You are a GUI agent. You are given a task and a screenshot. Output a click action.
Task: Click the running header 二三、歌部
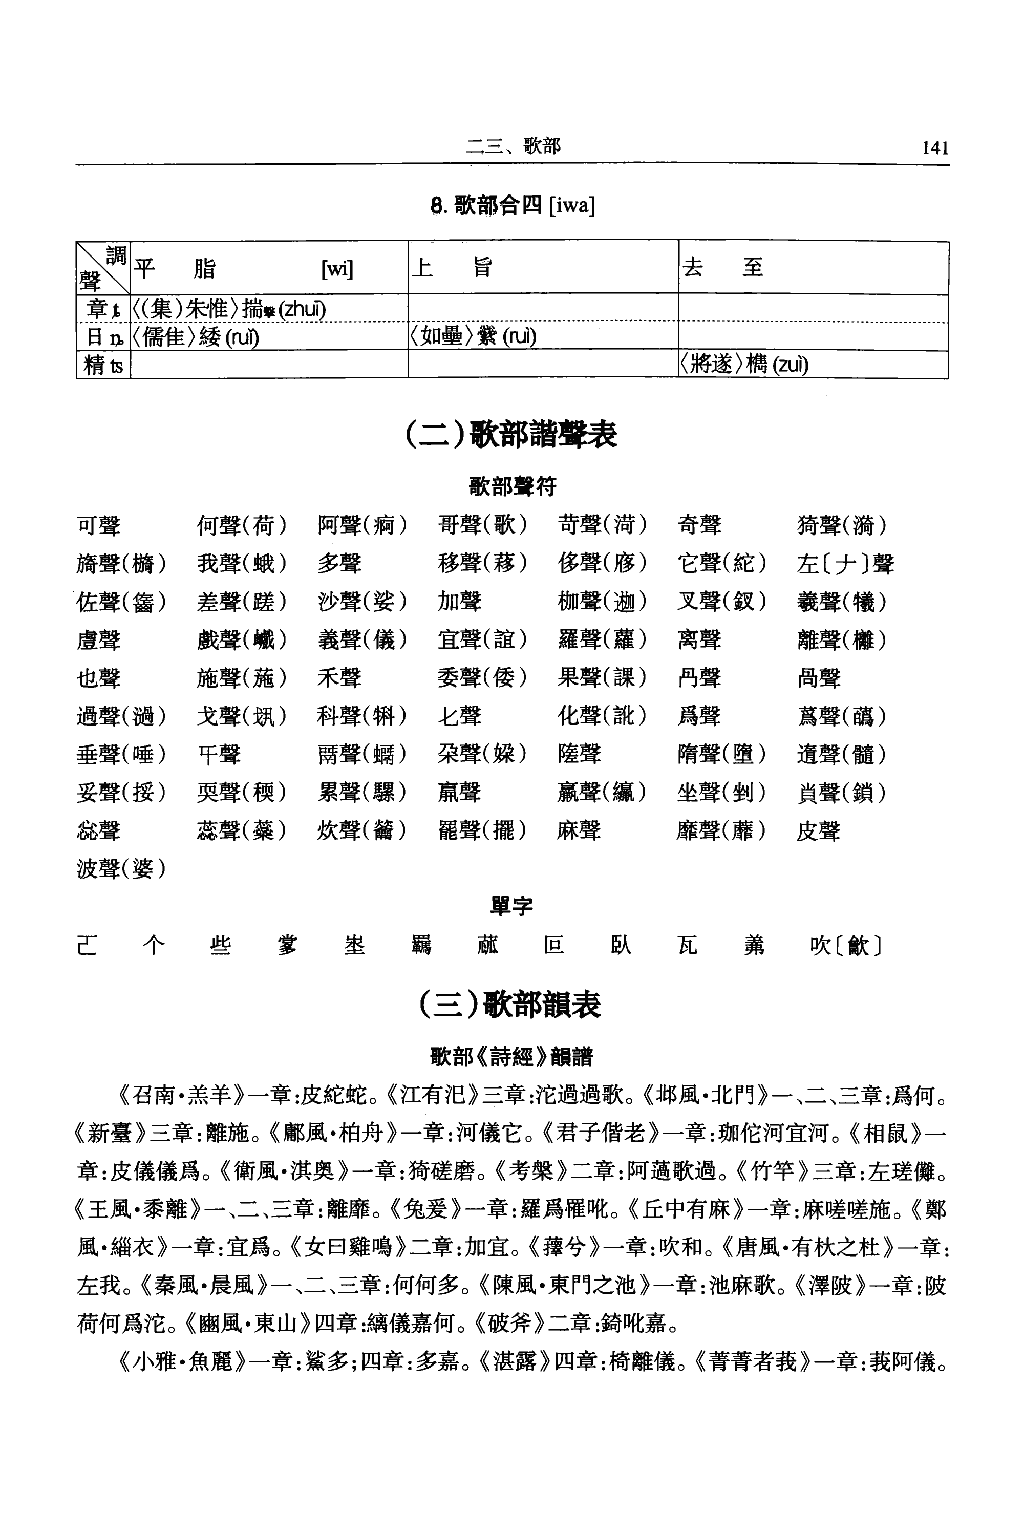point(513,146)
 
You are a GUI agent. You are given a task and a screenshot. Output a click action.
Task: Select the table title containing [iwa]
point(513,206)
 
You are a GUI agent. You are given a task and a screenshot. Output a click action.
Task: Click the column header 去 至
point(722,268)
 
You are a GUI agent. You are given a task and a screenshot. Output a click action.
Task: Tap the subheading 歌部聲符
point(512,486)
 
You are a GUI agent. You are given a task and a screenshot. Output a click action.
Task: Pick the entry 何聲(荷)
point(242,525)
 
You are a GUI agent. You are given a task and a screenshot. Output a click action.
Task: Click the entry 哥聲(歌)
point(482,525)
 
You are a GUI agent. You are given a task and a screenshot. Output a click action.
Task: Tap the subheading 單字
point(511,906)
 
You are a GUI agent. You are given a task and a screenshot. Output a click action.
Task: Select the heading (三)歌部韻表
point(511,1005)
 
